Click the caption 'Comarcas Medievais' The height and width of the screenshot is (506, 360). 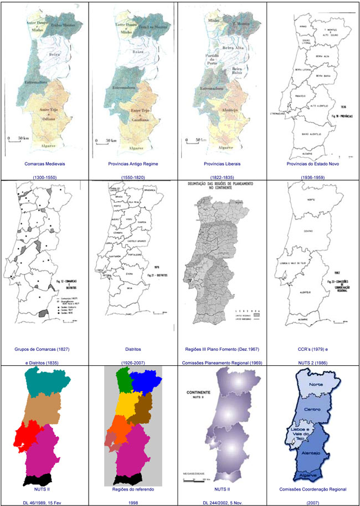click(x=44, y=164)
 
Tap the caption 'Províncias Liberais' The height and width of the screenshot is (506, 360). click(x=223, y=164)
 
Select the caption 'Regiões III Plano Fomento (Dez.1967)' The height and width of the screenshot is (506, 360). click(x=223, y=350)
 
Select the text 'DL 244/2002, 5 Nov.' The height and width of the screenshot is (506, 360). click(x=223, y=503)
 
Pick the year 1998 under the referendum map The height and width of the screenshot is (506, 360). click(x=133, y=503)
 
